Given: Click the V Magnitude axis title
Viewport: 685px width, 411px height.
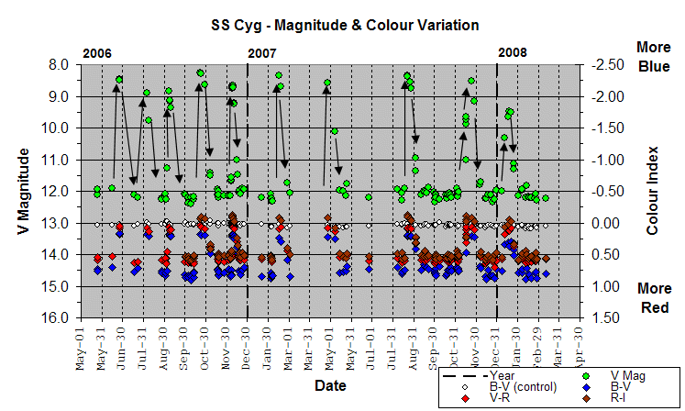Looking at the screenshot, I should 25,191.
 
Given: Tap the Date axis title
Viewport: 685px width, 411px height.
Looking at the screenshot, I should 330,386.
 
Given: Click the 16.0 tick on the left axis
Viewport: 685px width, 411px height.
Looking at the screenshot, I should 55,318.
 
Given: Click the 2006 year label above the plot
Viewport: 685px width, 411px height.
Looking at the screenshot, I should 98,53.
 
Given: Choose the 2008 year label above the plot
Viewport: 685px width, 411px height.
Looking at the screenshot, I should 513,53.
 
